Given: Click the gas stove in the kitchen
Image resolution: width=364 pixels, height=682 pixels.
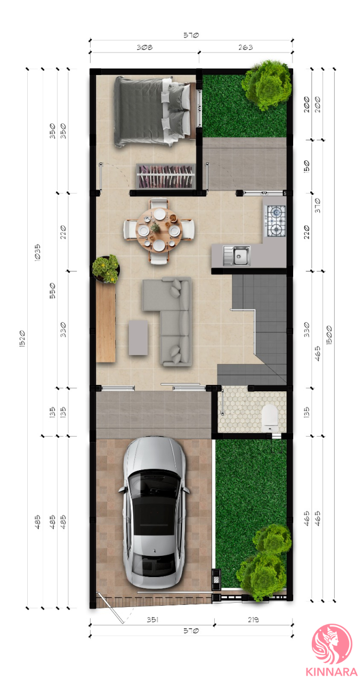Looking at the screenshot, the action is coord(276,221).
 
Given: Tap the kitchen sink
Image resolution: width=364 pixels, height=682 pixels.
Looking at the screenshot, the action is coord(237,256).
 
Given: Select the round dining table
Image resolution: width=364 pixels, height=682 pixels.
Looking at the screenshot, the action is coord(159,230).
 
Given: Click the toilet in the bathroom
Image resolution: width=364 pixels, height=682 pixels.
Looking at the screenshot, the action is coord(270,417).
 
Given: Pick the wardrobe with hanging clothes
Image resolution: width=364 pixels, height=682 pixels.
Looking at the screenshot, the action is coord(166,176).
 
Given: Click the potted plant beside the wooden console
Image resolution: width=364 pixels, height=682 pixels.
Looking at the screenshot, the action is coord(106,269).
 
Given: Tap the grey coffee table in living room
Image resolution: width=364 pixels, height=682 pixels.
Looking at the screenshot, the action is coord(138,338).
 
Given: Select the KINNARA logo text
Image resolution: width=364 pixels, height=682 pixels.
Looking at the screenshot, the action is coord(331,672).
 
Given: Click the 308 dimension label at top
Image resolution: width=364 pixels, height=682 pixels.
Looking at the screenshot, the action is coord(144,47).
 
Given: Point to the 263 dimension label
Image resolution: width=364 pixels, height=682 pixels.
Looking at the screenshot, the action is coord(245,47).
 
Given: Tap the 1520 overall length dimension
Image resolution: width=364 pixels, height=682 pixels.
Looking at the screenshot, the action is coord(22,339).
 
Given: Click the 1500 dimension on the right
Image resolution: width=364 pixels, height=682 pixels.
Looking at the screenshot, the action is coord(329,335).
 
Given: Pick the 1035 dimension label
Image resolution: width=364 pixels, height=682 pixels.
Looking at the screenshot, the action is coord(37,252).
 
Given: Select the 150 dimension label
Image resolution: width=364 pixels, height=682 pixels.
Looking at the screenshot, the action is coord(306,167).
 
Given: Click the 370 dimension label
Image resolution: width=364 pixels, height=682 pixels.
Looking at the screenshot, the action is coord(318,206).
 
